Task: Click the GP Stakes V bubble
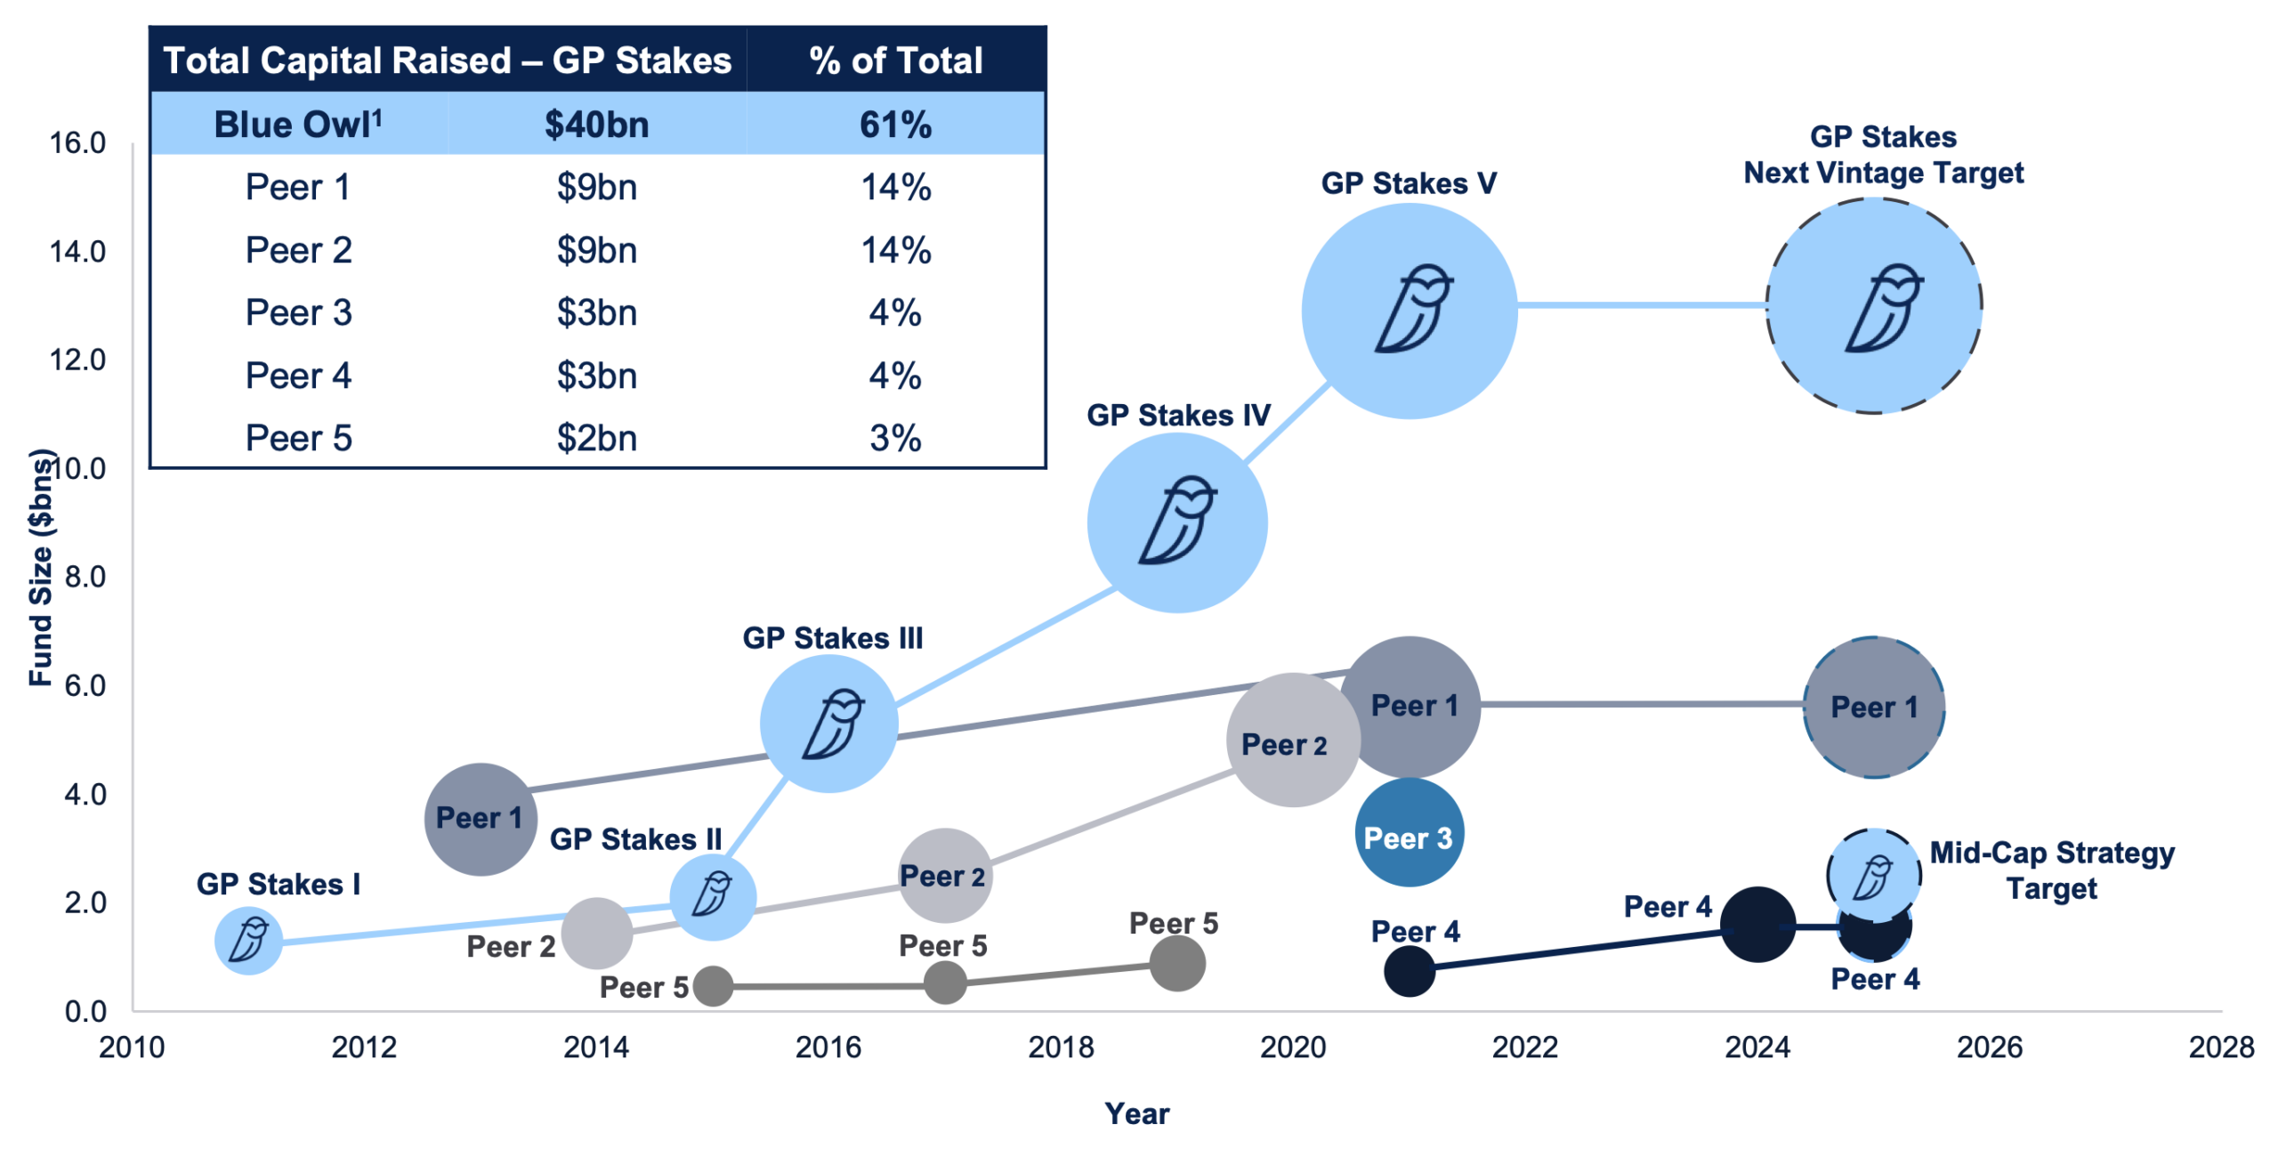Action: point(1409,311)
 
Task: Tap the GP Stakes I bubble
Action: point(248,941)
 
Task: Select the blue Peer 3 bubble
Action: point(1409,833)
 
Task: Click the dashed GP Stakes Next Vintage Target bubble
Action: point(1873,305)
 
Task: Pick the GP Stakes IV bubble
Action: point(1176,522)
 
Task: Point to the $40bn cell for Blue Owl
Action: point(596,125)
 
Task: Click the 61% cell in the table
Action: point(895,125)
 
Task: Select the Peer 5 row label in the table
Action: point(298,438)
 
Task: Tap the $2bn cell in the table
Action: point(596,438)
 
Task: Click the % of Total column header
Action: point(895,61)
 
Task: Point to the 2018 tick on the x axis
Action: point(1060,1047)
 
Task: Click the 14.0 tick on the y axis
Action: point(77,252)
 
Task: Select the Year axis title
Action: point(1136,1113)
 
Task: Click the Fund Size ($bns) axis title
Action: point(41,568)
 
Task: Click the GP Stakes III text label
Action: point(832,638)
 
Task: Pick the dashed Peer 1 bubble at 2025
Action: point(1873,708)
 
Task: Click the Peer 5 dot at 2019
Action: point(1176,964)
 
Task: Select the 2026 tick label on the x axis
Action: point(1989,1047)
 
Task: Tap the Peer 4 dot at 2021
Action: point(1409,971)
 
